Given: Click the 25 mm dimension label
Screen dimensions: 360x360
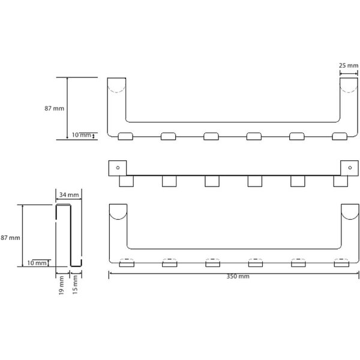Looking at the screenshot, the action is point(348,65).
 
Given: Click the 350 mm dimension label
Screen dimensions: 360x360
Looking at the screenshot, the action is point(238,276).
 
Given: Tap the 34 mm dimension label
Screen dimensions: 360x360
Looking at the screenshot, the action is point(69,195).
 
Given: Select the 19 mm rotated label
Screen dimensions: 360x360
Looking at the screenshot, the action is point(61,286).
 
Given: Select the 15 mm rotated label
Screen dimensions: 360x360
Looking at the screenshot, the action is point(75,285).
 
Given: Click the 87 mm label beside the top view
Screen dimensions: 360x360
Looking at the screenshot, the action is point(55,109).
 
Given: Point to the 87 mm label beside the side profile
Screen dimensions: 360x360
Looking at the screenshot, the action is point(10,238).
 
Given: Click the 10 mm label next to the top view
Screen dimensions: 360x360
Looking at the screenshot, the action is point(82,135).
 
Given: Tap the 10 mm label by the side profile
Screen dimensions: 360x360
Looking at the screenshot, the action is point(37,263).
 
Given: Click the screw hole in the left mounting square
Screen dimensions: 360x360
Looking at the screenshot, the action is point(118,167).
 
